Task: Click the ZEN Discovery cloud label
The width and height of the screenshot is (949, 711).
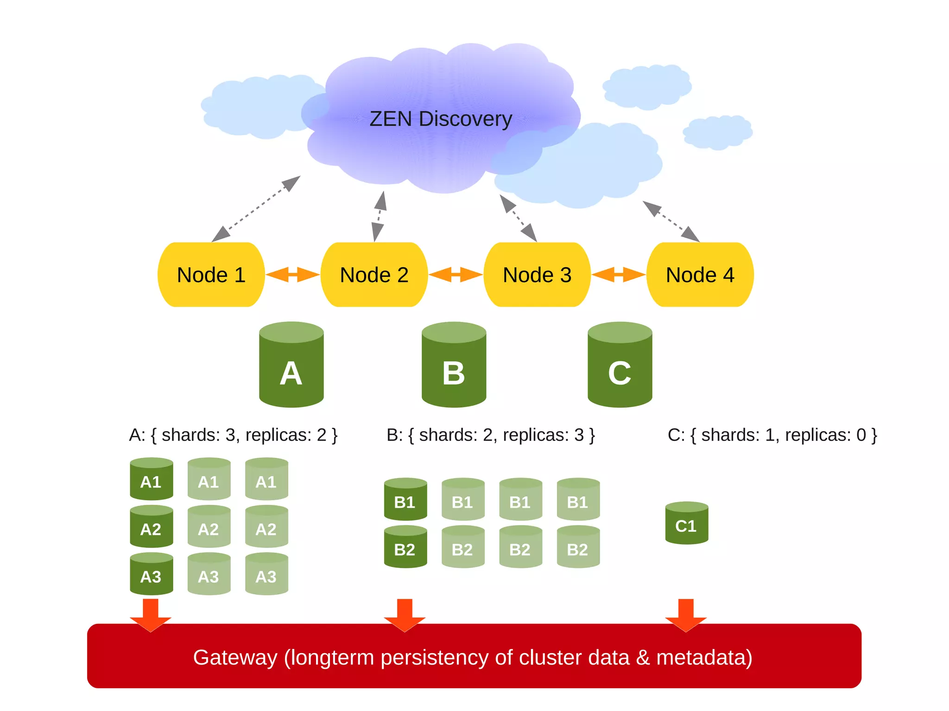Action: point(441,119)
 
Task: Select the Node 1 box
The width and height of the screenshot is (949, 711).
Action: point(211,275)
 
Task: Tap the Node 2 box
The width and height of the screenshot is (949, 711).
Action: point(374,275)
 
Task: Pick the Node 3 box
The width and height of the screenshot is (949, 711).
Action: point(537,275)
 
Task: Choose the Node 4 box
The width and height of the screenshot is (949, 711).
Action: point(700,275)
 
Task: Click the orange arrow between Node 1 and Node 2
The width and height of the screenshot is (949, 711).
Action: point(292,274)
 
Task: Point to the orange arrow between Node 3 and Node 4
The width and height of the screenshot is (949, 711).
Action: point(619,274)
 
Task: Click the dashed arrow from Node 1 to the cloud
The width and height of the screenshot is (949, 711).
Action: point(256,208)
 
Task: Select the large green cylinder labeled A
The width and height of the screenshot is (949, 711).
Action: point(291,366)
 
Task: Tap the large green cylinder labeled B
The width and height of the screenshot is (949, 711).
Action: point(454,366)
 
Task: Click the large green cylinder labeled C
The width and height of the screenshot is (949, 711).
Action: point(620,366)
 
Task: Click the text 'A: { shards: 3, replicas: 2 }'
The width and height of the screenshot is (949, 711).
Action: point(233,435)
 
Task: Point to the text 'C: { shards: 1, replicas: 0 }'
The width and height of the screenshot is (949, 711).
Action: point(772,435)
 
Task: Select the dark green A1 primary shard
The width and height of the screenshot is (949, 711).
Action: point(151,480)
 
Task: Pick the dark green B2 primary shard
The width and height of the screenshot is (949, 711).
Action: point(405,547)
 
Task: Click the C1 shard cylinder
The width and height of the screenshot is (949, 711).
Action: point(686,523)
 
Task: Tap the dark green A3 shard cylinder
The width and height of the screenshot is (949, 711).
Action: point(151,574)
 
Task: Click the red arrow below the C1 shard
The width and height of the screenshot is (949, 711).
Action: point(686,614)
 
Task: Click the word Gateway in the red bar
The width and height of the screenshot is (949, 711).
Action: point(235,658)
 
